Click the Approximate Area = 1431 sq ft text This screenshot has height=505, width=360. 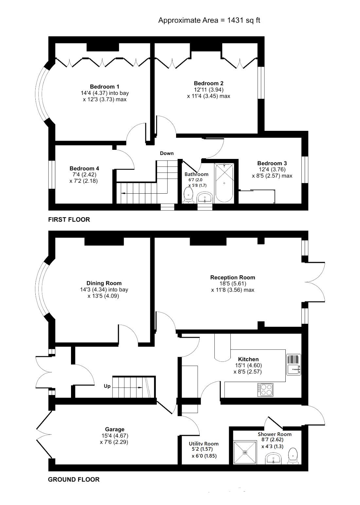[x=209, y=21]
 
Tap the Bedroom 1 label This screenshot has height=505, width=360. [x=104, y=87]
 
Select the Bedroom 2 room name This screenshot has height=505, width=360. [x=208, y=83]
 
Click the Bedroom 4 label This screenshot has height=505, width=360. [x=84, y=168]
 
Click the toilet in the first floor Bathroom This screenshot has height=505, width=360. [x=189, y=196]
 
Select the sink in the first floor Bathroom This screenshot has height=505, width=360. [x=205, y=198]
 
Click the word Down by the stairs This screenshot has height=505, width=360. [x=167, y=153]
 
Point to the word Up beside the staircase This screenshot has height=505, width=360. [x=107, y=386]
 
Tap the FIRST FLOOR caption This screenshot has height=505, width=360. [x=69, y=219]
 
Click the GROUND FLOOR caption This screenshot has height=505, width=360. [x=74, y=479]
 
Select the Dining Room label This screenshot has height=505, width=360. [x=104, y=283]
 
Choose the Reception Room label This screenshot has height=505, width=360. [x=232, y=277]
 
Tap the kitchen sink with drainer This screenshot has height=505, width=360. [x=294, y=364]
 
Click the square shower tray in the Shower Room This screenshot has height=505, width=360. [x=245, y=452]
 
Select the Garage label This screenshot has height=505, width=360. [x=115, y=429]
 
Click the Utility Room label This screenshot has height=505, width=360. [x=204, y=444]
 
